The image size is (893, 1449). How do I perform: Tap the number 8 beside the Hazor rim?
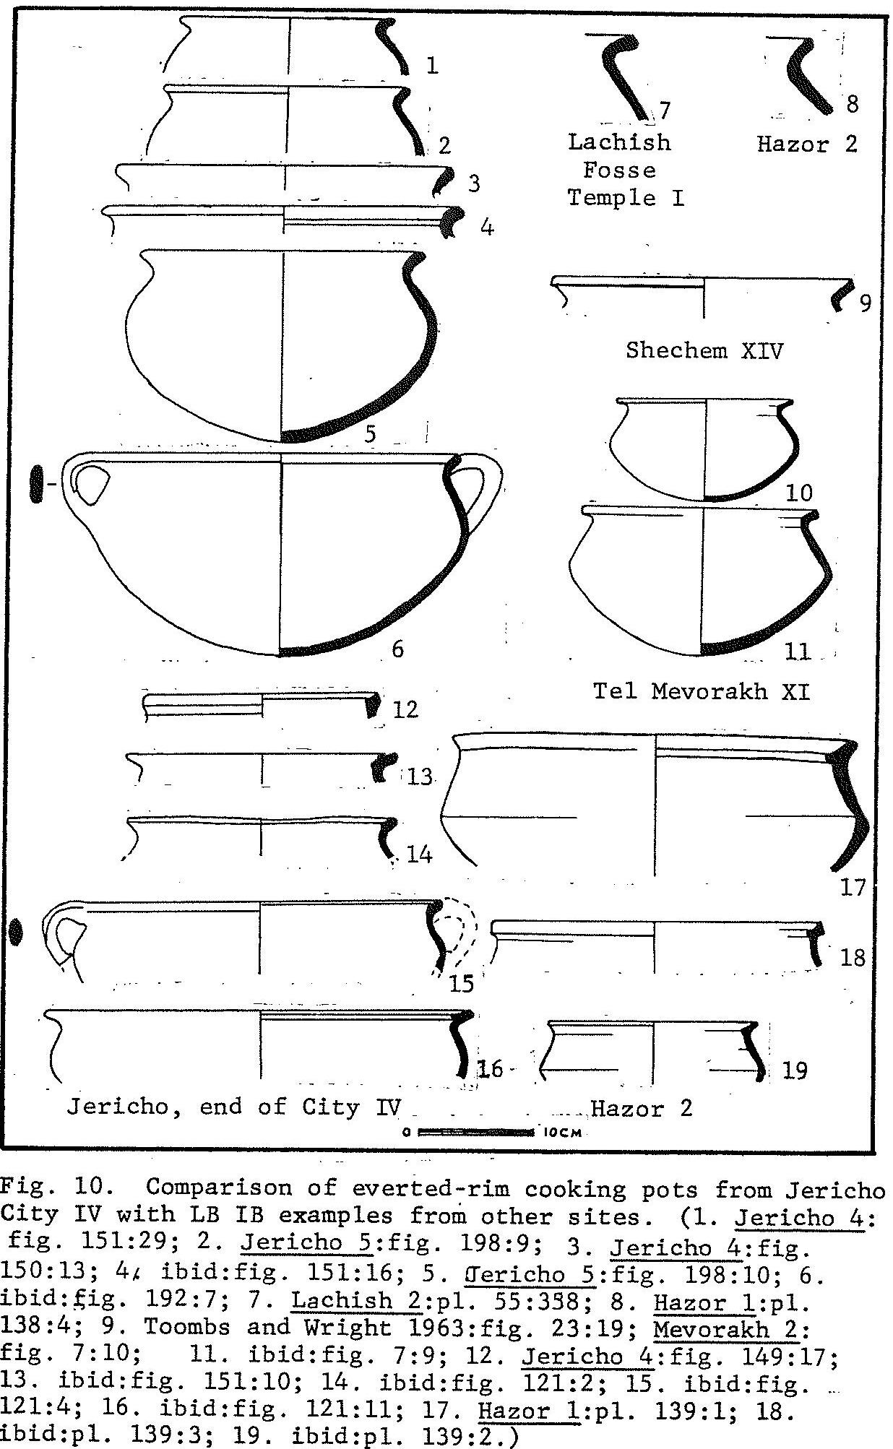point(852,104)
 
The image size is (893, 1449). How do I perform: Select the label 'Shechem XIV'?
point(704,350)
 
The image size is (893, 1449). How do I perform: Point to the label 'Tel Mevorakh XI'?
point(701,691)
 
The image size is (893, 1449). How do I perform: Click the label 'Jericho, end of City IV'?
point(233,1106)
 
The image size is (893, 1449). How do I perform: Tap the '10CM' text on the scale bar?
point(561,1133)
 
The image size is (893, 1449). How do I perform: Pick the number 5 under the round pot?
point(371,434)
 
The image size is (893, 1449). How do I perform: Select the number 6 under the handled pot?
point(397,649)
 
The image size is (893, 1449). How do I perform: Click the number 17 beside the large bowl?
point(853,886)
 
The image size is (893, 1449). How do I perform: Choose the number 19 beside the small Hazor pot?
point(794,1070)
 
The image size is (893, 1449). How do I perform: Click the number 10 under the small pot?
point(798,493)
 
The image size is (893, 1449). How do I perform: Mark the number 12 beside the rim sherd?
point(405,709)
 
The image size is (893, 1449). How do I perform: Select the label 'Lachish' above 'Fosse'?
point(619,142)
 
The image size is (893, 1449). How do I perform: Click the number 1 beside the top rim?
point(431,66)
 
